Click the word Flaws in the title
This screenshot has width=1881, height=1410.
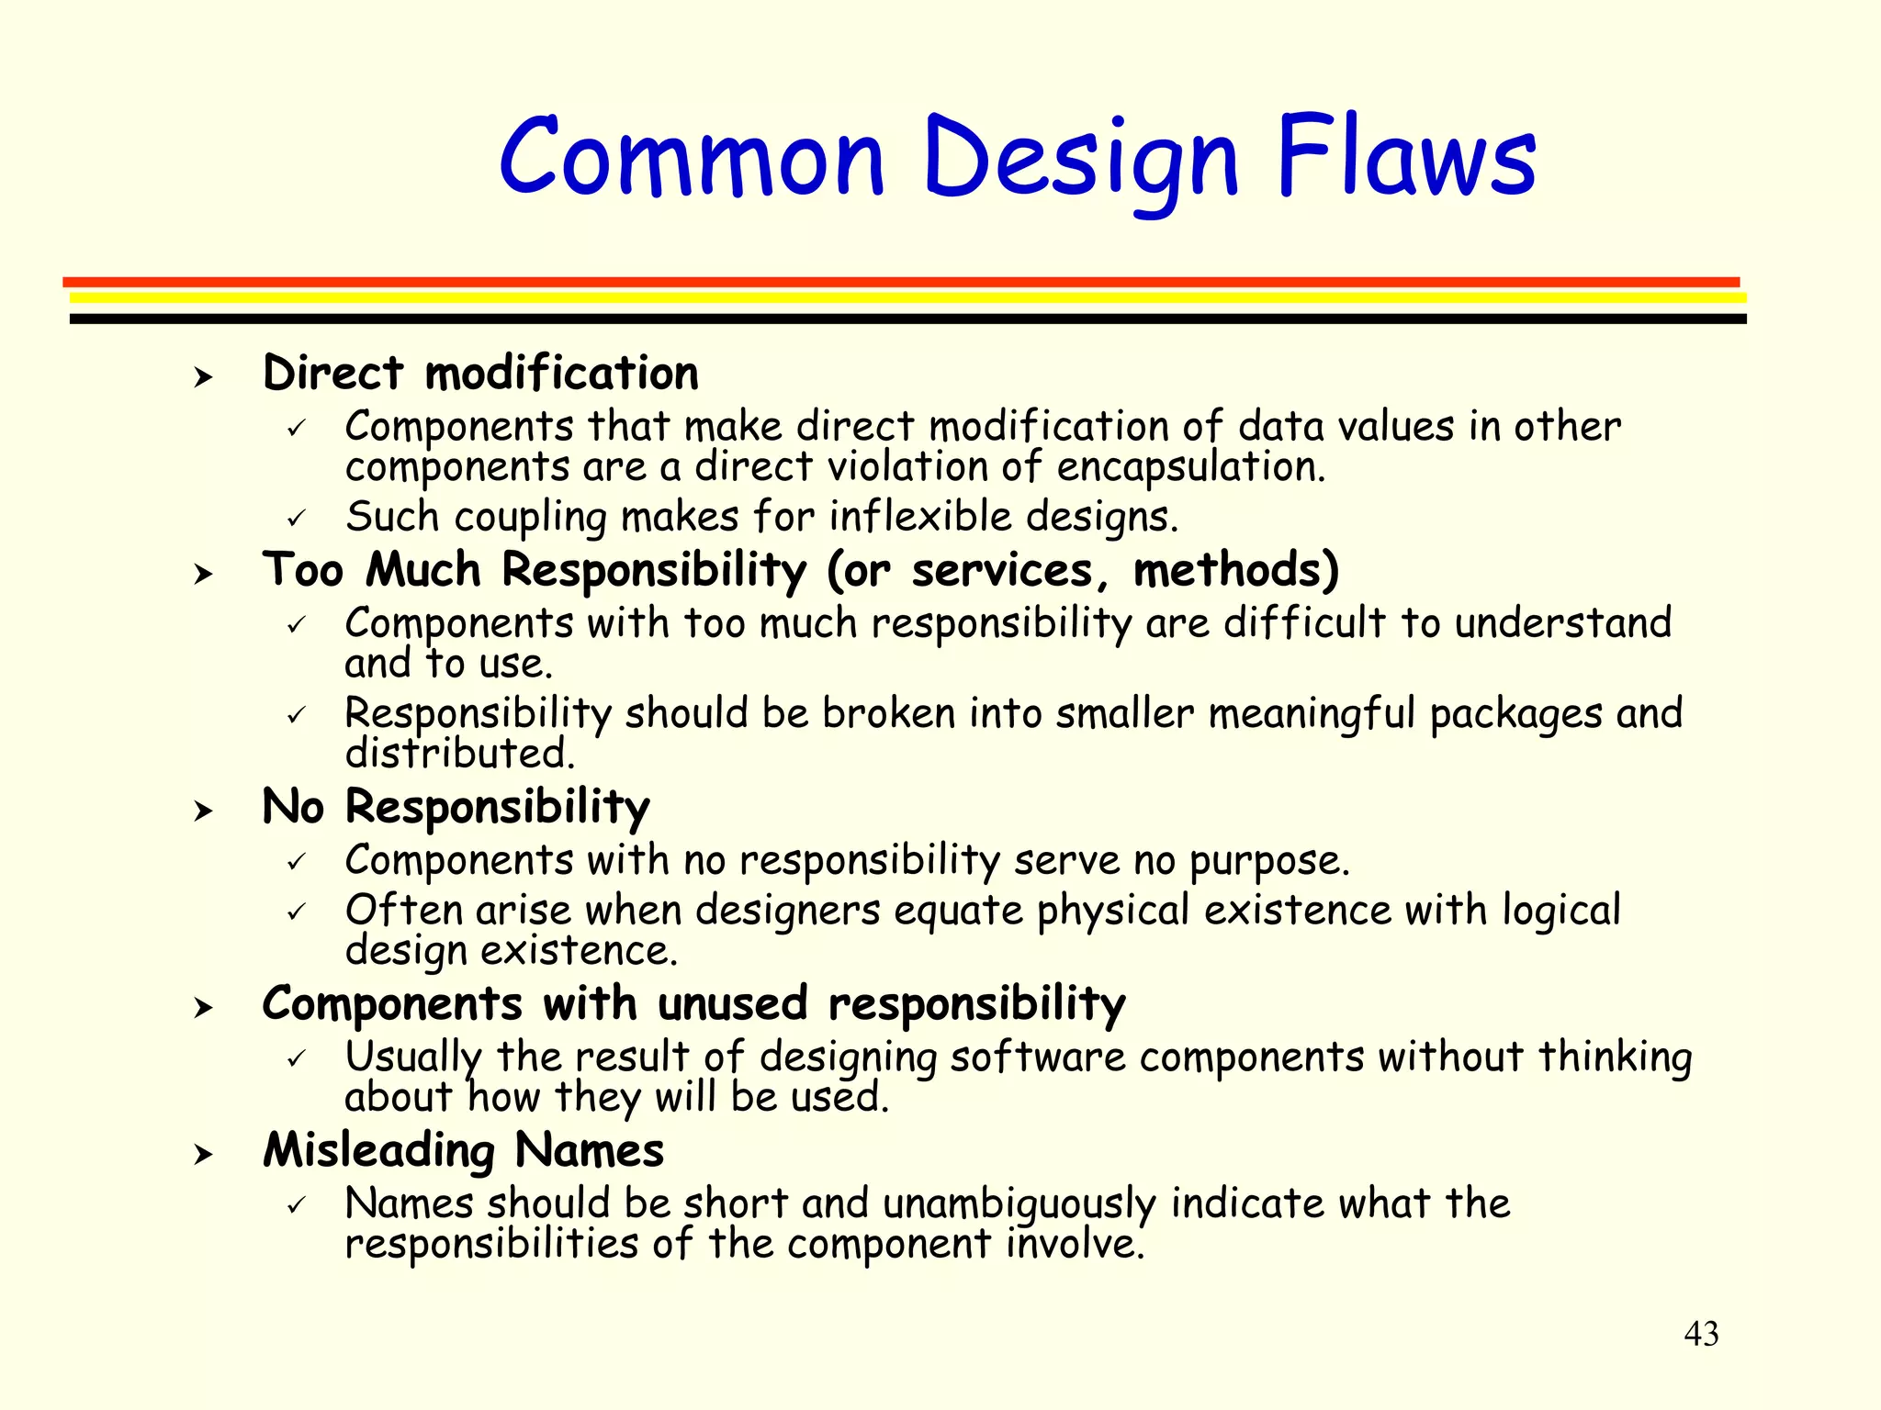(1405, 158)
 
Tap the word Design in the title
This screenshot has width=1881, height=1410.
(1081, 161)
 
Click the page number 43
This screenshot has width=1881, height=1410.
(1701, 1334)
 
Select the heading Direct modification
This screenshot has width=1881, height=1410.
(480, 374)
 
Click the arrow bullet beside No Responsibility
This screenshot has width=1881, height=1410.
(203, 811)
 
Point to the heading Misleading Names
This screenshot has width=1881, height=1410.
(463, 1150)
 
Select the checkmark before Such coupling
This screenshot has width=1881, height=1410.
(296, 519)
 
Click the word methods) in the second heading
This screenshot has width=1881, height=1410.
(1236, 571)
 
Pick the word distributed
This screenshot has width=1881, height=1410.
(460, 755)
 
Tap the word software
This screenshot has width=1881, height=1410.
(1038, 1057)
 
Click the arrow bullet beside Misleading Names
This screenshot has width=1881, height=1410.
(203, 1154)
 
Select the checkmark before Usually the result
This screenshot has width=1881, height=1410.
(296, 1059)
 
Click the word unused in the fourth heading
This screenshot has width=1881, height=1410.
(732, 1003)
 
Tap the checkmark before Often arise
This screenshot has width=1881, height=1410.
(296, 912)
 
